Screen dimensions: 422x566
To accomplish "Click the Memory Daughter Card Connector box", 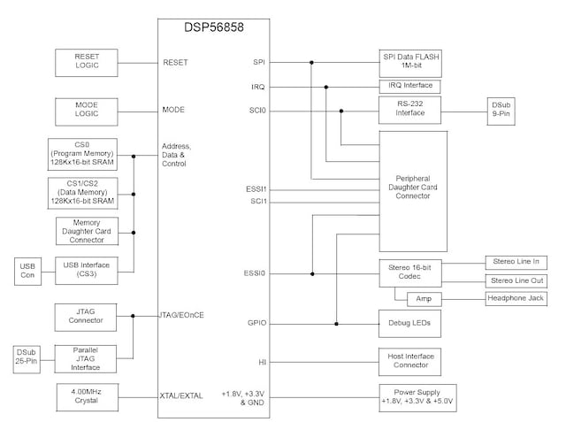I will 92,232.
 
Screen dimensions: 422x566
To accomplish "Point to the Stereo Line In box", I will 516,263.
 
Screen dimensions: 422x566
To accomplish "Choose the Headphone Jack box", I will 516,299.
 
